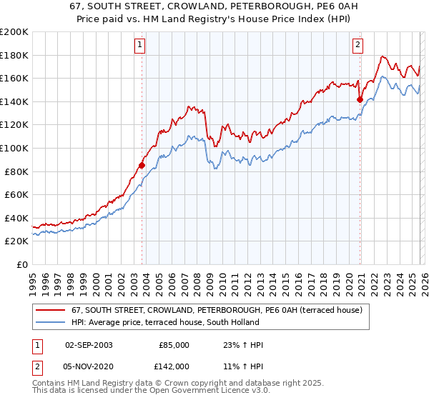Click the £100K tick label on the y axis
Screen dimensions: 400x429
[14, 148]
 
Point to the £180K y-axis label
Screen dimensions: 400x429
[14, 55]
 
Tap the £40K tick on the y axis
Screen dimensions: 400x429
[16, 218]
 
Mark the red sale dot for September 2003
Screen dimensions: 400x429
[142, 165]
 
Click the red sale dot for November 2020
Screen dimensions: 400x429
[360, 100]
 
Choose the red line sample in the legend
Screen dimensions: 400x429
[49, 311]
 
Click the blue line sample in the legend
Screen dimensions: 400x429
[49, 322]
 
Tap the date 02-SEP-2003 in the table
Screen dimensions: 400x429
[89, 345]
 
